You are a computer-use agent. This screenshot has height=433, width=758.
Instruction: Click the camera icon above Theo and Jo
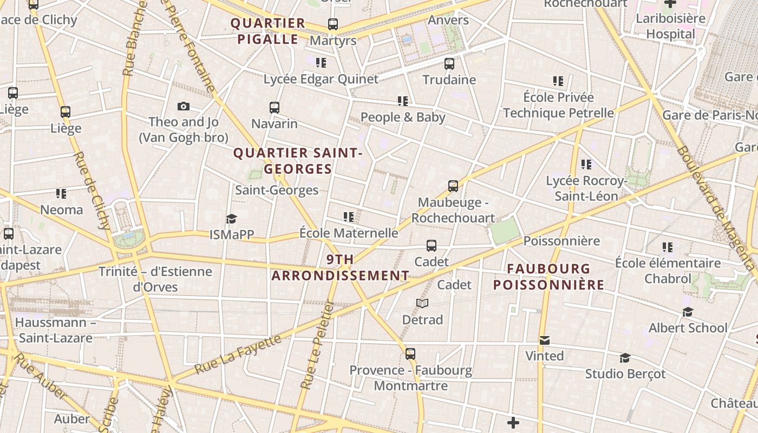[x=184, y=106]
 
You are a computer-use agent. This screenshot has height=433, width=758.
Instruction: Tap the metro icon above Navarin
[x=275, y=107]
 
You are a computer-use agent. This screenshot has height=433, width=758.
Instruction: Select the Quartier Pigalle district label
[x=268, y=31]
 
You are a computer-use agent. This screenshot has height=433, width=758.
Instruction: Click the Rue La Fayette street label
[x=238, y=355]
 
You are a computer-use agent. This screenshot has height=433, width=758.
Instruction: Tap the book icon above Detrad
[x=422, y=303]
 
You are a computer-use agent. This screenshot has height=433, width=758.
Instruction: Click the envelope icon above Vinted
[x=545, y=340]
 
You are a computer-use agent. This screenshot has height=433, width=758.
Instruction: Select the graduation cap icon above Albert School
[x=688, y=312]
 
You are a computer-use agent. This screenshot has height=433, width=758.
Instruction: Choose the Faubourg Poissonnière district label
[x=548, y=277]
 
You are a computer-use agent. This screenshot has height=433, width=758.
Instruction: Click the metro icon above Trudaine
[x=449, y=63]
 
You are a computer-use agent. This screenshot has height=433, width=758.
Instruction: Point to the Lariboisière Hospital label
[x=670, y=26]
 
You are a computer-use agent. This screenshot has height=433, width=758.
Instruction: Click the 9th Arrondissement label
[x=340, y=267]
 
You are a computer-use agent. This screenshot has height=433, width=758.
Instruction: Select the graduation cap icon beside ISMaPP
[x=232, y=219]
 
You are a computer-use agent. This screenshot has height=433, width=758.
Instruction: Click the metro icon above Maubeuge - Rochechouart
[x=453, y=186]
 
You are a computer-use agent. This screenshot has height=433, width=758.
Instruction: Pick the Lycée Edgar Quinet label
[x=321, y=79]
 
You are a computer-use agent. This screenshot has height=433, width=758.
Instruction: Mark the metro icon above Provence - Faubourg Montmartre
[x=410, y=354]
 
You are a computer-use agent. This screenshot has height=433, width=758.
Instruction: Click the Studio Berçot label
[x=625, y=373]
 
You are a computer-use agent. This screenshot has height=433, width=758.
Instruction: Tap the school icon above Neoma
[x=61, y=193]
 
